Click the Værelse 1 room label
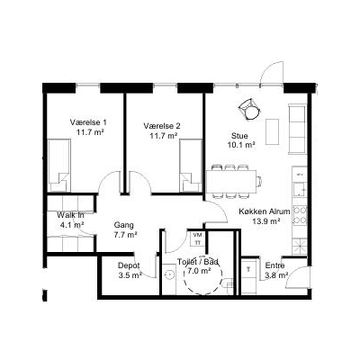(x=88, y=122)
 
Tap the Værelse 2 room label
(x=162, y=126)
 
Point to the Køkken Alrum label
(x=265, y=211)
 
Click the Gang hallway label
(x=124, y=225)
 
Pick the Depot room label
(x=129, y=265)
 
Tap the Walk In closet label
(x=70, y=215)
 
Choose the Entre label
(x=275, y=265)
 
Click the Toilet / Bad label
(x=198, y=262)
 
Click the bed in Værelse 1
(x=59, y=165)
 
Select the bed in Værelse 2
(x=191, y=165)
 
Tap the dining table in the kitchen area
(x=231, y=182)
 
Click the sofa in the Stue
(x=298, y=129)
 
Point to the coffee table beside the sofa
(x=272, y=131)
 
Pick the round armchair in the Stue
(x=250, y=110)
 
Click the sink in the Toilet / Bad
(x=170, y=274)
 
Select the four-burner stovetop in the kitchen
(x=300, y=215)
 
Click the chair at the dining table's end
(x=259, y=182)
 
